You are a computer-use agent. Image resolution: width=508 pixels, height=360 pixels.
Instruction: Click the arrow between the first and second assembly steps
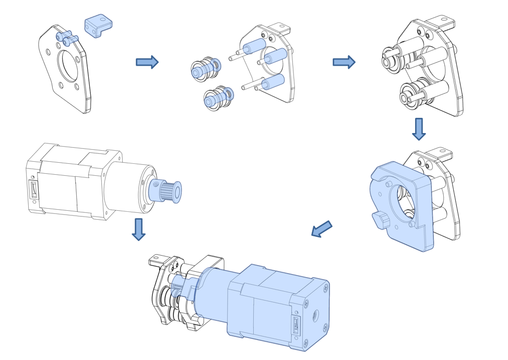click(x=147, y=63)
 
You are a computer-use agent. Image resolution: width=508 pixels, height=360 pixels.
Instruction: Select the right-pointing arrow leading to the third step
click(x=344, y=63)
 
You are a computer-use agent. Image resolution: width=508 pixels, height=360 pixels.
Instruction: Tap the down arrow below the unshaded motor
click(x=138, y=229)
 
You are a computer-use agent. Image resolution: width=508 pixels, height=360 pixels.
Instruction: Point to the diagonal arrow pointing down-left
click(x=322, y=229)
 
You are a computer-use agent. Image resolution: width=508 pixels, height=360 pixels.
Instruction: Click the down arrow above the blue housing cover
click(x=418, y=129)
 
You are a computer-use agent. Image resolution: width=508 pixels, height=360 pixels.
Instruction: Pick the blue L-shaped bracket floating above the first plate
click(x=99, y=26)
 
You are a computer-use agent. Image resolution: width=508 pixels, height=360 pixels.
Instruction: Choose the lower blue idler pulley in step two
click(x=218, y=97)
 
